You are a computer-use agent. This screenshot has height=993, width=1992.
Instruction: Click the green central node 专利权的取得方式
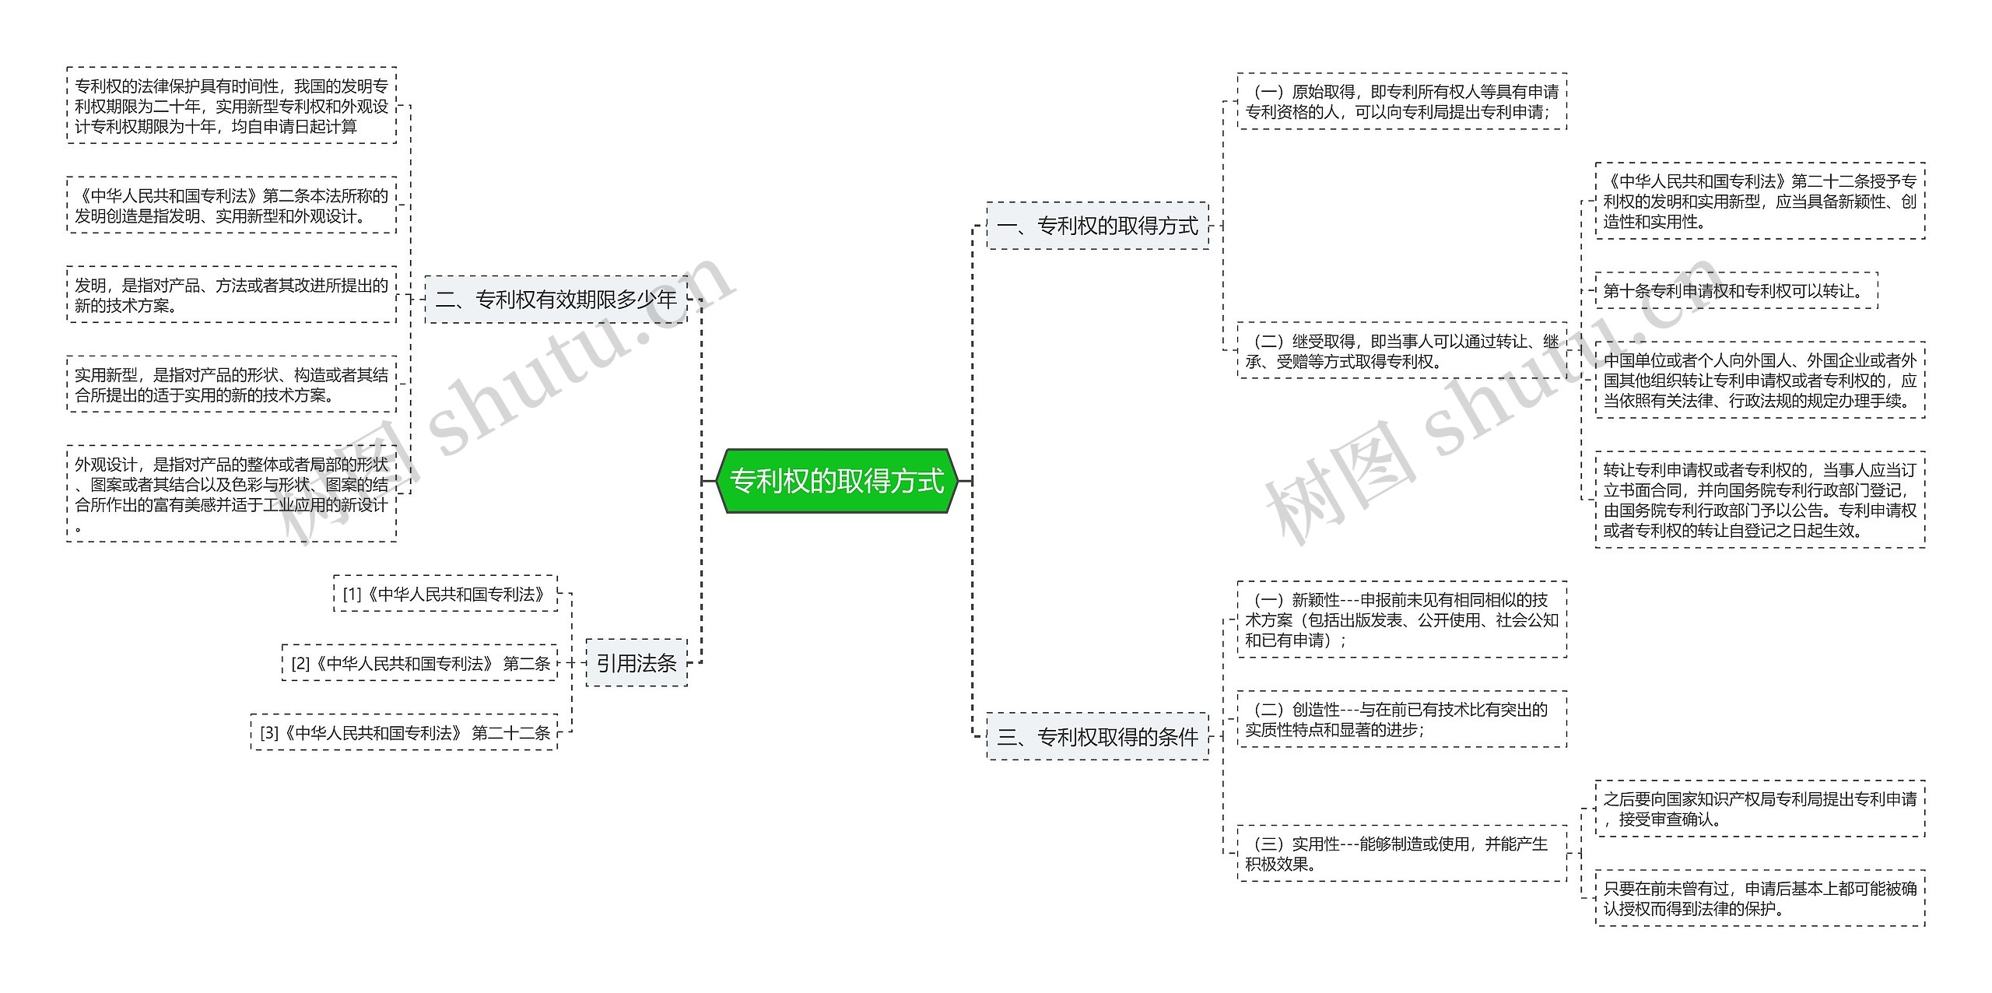tap(836, 481)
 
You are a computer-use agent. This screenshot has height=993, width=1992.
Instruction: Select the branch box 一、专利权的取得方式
tap(1097, 226)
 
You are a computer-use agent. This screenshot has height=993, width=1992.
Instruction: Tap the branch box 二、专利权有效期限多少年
tap(556, 299)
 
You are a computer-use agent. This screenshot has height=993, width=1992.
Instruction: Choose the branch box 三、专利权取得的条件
tap(1097, 736)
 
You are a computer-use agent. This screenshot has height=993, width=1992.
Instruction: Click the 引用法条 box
tap(636, 663)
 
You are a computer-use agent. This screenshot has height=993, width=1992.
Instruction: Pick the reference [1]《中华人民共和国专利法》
tap(445, 595)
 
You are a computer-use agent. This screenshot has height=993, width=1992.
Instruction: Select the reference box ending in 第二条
tap(420, 663)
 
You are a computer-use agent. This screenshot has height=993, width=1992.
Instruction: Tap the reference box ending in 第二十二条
tap(405, 732)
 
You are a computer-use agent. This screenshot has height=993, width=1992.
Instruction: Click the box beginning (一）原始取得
tap(1401, 102)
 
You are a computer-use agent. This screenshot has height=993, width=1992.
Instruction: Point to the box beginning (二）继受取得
tap(1401, 351)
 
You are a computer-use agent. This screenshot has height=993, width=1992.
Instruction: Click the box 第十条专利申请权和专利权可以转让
tap(1736, 291)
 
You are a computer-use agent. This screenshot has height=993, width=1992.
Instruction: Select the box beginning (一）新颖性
tap(1401, 619)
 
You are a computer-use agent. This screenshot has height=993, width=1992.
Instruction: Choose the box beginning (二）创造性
tap(1401, 719)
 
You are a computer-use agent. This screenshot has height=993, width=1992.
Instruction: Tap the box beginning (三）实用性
tap(1401, 854)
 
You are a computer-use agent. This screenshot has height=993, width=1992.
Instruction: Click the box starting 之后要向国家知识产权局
tap(1759, 809)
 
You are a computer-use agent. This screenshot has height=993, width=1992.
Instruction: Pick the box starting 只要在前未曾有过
tap(1759, 898)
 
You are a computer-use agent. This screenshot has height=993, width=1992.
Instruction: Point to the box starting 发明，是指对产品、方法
tap(231, 295)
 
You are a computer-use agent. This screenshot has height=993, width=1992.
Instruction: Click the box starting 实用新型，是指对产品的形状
tap(231, 384)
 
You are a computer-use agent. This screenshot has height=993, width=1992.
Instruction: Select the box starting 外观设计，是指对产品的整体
tap(231, 493)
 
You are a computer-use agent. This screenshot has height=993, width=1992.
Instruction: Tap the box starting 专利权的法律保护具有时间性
tap(231, 105)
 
